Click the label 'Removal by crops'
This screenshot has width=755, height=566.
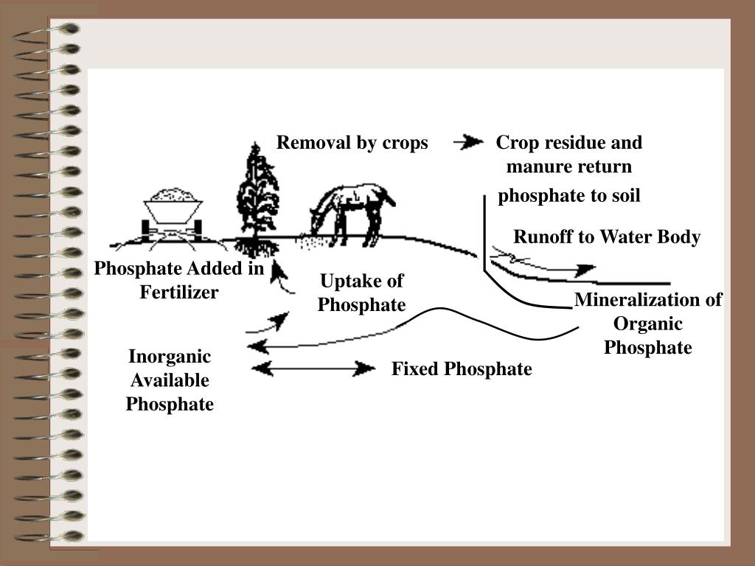pyautogui.click(x=352, y=143)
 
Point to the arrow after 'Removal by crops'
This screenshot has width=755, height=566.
pyautogui.click(x=467, y=142)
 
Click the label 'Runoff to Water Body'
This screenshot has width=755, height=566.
pyautogui.click(x=606, y=237)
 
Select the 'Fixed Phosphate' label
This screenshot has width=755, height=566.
pyautogui.click(x=461, y=369)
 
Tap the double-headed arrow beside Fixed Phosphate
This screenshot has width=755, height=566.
pyautogui.click(x=313, y=368)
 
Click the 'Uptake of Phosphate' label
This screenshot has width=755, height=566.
pyautogui.click(x=361, y=293)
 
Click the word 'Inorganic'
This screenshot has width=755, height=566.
pyautogui.click(x=170, y=357)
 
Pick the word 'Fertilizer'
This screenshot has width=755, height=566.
pyautogui.click(x=179, y=293)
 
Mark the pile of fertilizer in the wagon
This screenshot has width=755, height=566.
pyautogui.click(x=174, y=195)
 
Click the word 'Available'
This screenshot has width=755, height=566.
pyautogui.click(x=170, y=381)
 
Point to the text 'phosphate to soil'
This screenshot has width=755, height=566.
pyautogui.click(x=569, y=196)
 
